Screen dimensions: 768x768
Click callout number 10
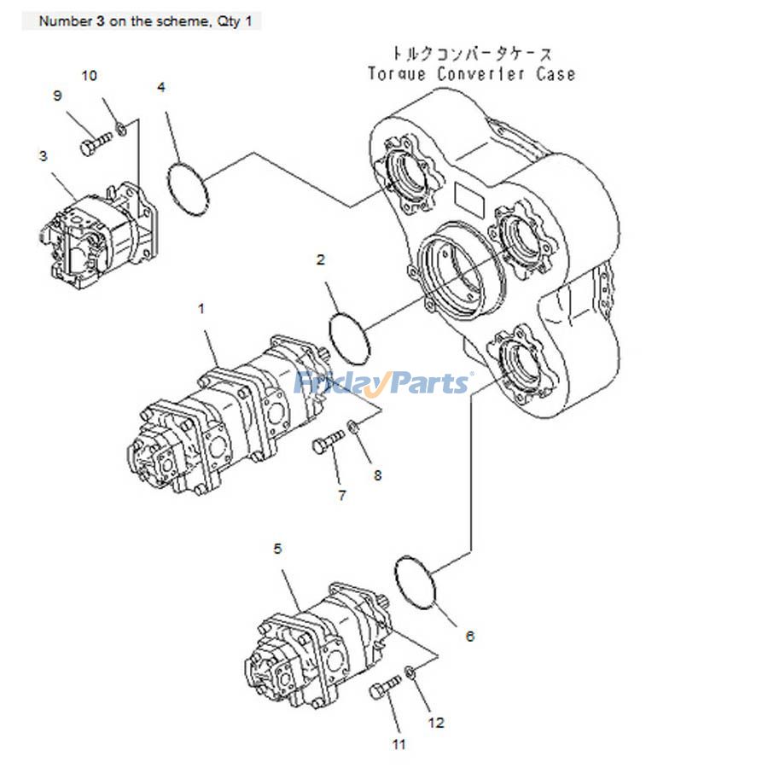pos(89,76)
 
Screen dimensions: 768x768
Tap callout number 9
pos(58,96)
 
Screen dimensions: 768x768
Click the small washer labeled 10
pos(122,128)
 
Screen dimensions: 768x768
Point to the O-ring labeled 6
pos(416,584)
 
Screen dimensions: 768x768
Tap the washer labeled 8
pos(353,426)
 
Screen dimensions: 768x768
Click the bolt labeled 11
pos(386,688)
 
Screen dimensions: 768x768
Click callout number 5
pos(277,549)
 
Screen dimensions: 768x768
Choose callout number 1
pos(201,309)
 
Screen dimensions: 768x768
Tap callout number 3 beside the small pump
pos(43,156)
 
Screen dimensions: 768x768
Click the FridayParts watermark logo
pos(382,383)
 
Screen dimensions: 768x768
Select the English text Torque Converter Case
pos(471,74)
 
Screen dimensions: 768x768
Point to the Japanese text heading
pos(471,53)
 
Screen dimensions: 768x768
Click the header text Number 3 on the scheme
pos(146,21)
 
